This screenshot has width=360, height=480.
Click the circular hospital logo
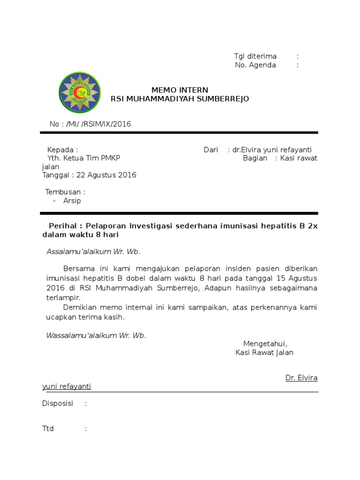click(80, 93)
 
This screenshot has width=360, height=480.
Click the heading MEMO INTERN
click(180, 90)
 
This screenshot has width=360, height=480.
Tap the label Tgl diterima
click(255, 56)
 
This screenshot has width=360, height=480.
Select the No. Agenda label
click(255, 65)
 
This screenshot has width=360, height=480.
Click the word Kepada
click(60, 150)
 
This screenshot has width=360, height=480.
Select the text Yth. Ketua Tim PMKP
click(84, 158)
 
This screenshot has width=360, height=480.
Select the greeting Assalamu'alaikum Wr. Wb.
click(93, 252)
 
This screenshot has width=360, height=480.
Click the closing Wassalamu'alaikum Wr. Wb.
click(96, 336)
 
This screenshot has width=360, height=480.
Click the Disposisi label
click(58, 404)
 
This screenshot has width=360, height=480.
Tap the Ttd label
click(48, 428)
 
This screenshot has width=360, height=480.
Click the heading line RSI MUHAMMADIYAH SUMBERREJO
click(180, 99)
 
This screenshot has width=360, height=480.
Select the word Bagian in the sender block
click(255, 158)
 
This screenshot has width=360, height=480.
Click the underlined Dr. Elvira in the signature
click(301, 378)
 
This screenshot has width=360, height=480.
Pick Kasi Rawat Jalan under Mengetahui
click(264, 352)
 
